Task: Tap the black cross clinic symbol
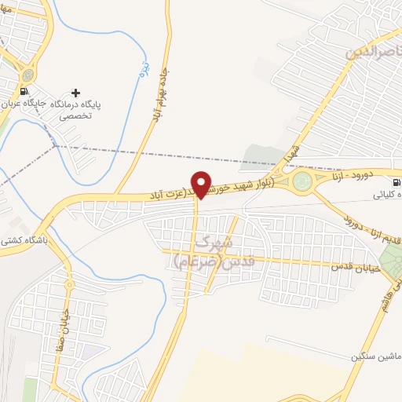click(75, 93)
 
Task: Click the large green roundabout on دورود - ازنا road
click(301, 183)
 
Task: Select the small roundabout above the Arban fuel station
click(28, 75)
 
